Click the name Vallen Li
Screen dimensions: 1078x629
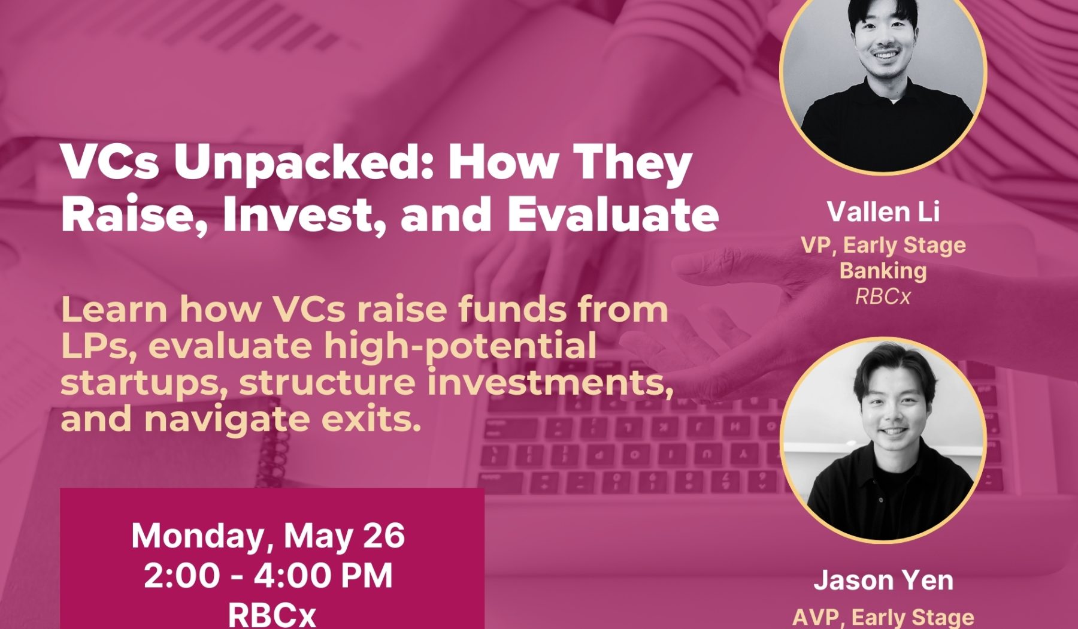(883, 211)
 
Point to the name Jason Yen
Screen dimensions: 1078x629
(883, 580)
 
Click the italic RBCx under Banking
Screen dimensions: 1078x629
(883, 297)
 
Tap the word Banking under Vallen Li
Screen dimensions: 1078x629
(883, 271)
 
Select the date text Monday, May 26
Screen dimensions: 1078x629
(268, 536)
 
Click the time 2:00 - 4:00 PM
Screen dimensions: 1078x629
(268, 575)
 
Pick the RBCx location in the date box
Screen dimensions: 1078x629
(271, 614)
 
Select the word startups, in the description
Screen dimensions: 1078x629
(144, 384)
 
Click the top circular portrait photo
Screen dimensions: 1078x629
(883, 72)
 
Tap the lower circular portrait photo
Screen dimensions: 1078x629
(883, 440)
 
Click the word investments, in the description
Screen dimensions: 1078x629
(550, 383)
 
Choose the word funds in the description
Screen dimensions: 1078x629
(511, 310)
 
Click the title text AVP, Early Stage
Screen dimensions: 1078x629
(883, 617)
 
